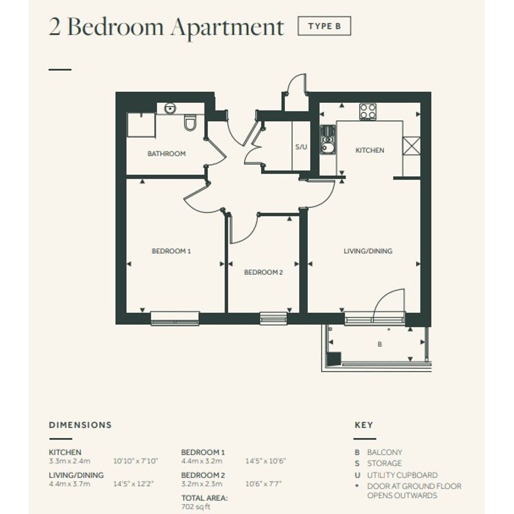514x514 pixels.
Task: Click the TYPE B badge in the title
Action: pos(324,26)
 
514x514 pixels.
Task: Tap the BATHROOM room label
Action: pos(166,153)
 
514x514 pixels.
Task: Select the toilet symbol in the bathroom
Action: pos(190,122)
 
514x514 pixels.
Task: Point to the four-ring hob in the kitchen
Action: pos(368,112)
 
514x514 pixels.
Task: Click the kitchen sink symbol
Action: pos(327,140)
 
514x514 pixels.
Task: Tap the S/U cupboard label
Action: pos(301,147)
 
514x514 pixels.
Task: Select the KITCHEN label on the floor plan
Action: pos(370,150)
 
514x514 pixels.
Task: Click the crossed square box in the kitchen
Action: pos(411,146)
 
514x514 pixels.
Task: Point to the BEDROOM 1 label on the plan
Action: pos(171,251)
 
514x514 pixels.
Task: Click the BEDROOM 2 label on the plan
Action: pos(263,272)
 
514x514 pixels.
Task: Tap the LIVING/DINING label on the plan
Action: pos(368,251)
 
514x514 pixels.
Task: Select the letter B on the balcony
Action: pos(380,344)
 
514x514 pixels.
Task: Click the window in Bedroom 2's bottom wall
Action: pos(274,318)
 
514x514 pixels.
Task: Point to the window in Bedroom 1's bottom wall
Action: pos(175,318)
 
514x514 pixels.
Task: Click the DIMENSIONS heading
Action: pos(80,425)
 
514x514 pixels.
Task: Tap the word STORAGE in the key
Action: pos(384,463)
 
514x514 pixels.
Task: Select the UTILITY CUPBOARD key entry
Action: pos(402,475)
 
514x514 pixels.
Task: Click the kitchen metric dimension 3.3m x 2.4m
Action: pos(70,461)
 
